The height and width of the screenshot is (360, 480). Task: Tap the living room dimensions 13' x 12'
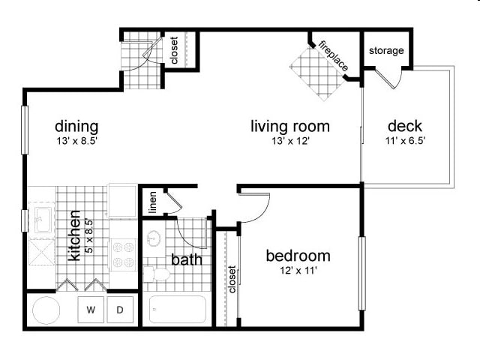pos(289,141)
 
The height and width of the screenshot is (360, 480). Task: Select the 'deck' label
pos(405,126)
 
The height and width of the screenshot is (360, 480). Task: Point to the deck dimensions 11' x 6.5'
pos(405,141)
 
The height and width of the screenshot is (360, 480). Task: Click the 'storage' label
pos(386,51)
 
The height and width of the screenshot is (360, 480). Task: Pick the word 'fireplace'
pos(333,55)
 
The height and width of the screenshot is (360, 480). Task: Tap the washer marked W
pos(91,309)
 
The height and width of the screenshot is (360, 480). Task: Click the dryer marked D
pos(120,309)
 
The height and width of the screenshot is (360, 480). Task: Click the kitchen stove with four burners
pos(122,254)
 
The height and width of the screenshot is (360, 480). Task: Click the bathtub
pos(177,309)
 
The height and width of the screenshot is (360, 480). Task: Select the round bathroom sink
pos(155,238)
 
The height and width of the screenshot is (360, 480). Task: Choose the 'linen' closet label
pos(152,202)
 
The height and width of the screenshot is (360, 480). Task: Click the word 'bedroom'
pos(298,256)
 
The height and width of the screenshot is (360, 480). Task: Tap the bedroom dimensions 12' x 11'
pos(298,271)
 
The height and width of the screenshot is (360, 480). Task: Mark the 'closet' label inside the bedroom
pos(232,280)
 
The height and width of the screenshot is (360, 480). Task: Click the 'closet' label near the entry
pos(174,50)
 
